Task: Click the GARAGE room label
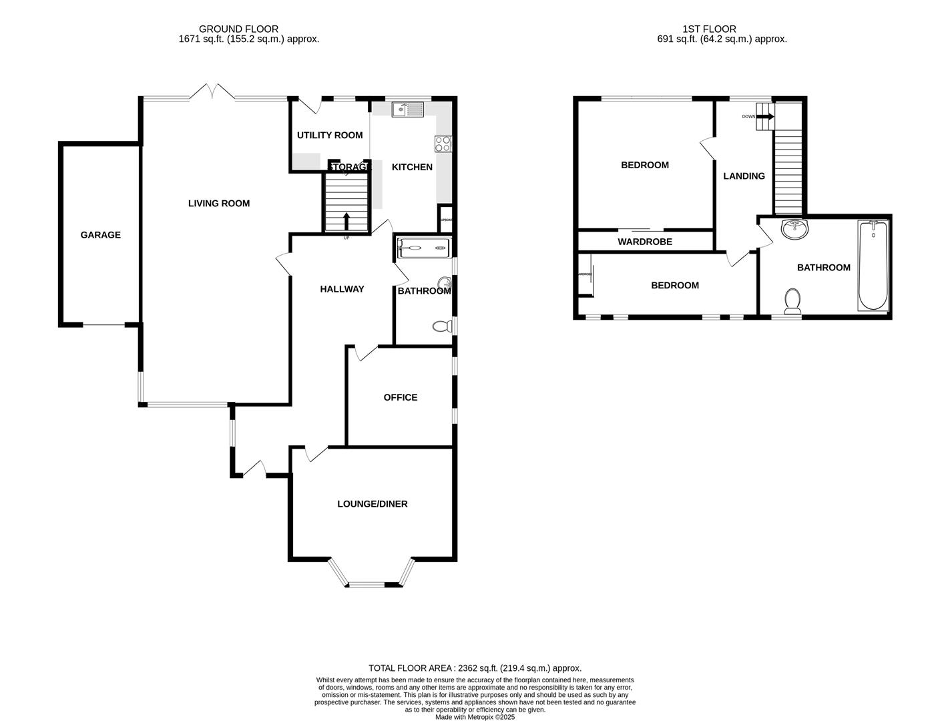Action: click(x=100, y=235)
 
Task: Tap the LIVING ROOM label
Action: click(x=218, y=204)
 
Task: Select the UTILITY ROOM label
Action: click(x=330, y=136)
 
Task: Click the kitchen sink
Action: click(x=407, y=109)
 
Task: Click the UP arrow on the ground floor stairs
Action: click(x=346, y=221)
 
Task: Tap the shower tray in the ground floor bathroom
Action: click(x=423, y=248)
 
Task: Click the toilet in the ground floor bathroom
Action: click(x=441, y=326)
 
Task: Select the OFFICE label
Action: click(x=400, y=398)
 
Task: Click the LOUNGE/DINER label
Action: click(x=372, y=504)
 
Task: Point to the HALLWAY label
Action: click(x=342, y=289)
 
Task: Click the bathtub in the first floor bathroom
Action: click(x=873, y=266)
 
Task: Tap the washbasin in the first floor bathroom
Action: click(x=794, y=229)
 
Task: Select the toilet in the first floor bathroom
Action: click(x=792, y=301)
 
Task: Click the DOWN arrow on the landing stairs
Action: click(x=766, y=117)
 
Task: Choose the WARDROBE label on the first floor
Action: click(x=644, y=242)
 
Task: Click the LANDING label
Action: click(x=744, y=176)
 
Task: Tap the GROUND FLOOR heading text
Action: click(x=238, y=29)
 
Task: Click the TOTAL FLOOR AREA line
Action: click(x=475, y=668)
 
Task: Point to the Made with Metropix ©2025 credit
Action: click(x=475, y=717)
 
